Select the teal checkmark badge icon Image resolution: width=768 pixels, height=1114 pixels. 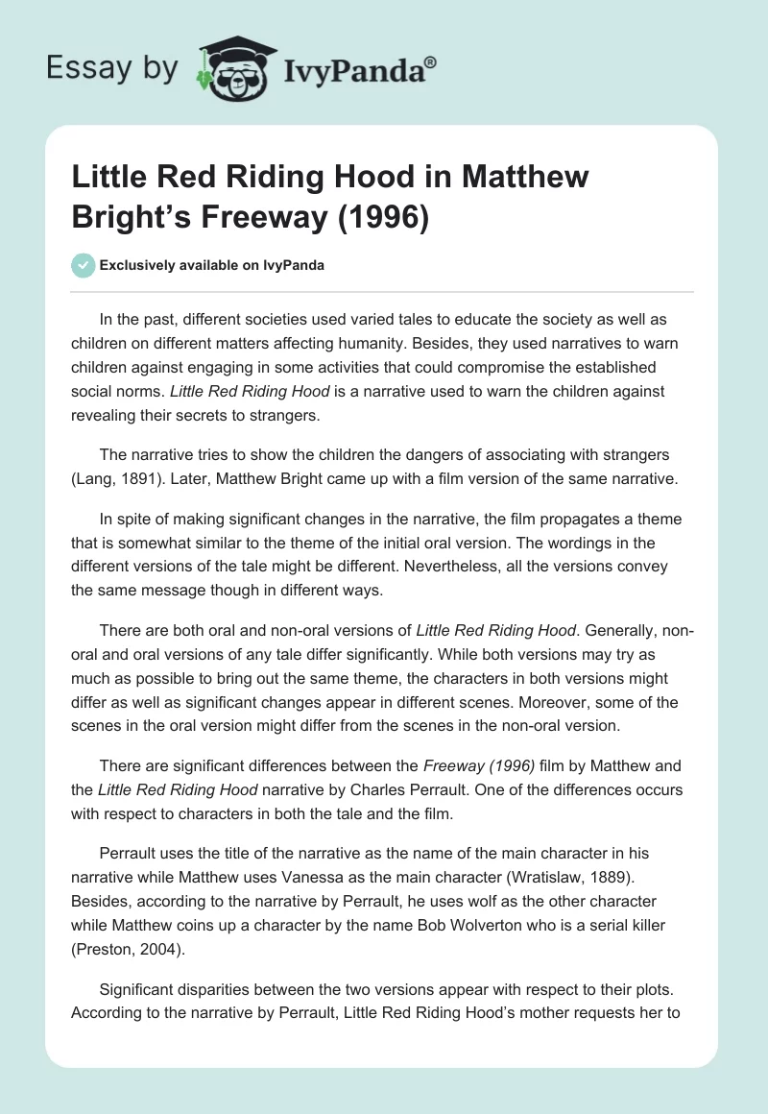coord(83,265)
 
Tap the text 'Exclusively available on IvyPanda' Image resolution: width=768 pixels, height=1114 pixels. coord(212,266)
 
